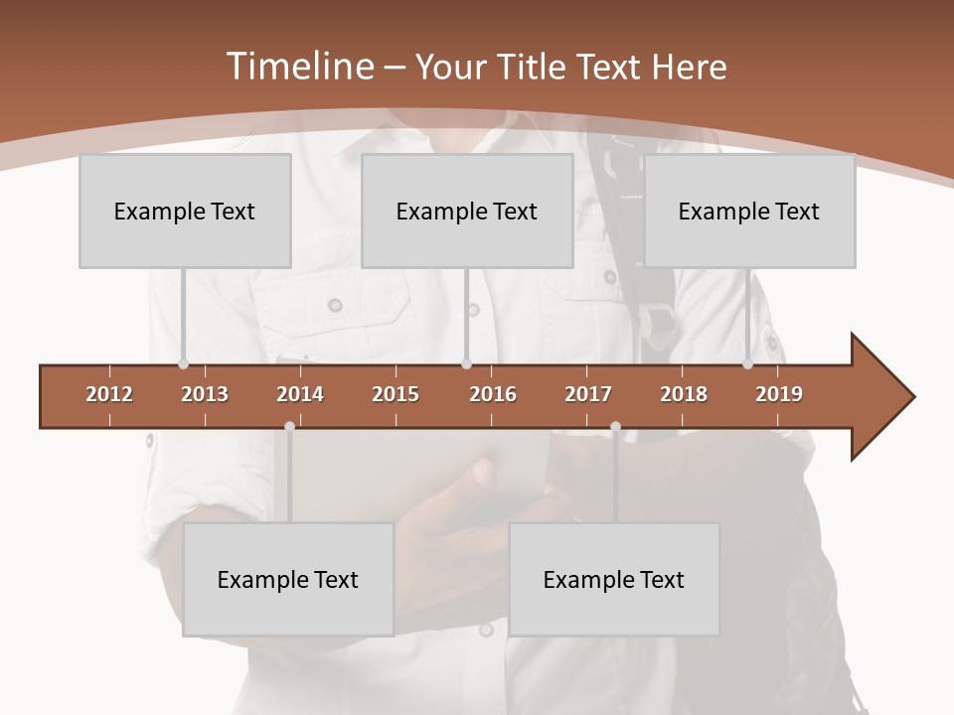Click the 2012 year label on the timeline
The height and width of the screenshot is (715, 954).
pos(109,394)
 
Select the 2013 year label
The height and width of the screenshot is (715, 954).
pos(205,394)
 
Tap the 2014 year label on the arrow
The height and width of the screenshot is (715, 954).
pos(300,394)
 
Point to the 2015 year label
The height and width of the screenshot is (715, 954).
pos(396,394)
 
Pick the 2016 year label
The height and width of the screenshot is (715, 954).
pos(493,394)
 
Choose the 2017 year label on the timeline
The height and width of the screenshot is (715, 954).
pos(588,394)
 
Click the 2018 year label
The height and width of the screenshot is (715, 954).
pos(684,394)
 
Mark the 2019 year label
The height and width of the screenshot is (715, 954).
pos(779,394)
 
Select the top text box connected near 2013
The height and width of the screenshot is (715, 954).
pos(185,211)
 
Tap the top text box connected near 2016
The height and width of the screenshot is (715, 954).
pos(467,211)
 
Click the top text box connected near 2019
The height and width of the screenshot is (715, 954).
pos(749,211)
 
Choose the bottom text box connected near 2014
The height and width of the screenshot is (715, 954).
pos(288,579)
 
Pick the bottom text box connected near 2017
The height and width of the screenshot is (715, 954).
pos(614,579)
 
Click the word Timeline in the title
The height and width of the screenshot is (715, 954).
pos(298,67)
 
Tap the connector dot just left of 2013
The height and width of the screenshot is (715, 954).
pos(183,364)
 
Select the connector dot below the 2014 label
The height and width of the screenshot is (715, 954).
pos(289,427)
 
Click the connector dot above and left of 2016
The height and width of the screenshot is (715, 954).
pos(466,364)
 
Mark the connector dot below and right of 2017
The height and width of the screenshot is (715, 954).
pos(615,427)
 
